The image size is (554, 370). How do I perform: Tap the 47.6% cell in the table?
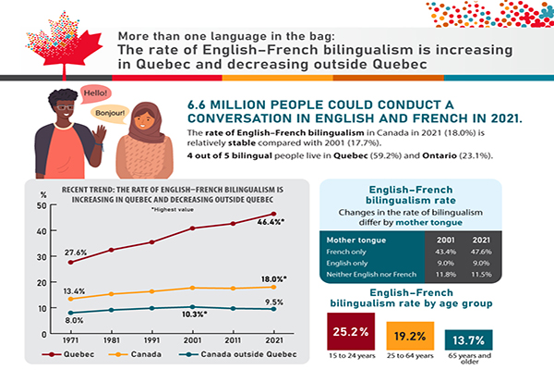pyautogui.click(x=479, y=252)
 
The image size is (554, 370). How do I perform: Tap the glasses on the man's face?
pyautogui.click(x=66, y=118)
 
